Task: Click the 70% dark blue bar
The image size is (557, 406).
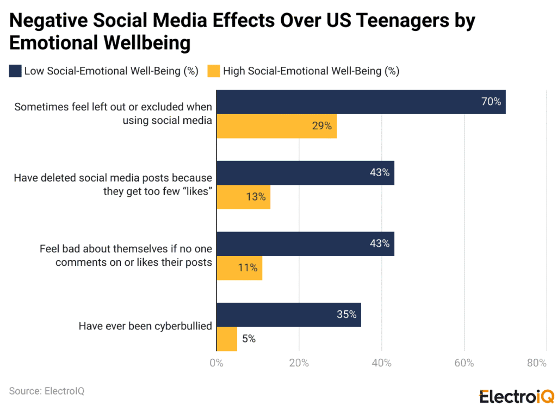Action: (361, 102)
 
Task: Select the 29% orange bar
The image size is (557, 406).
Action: (276, 126)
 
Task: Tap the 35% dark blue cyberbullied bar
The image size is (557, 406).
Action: (288, 315)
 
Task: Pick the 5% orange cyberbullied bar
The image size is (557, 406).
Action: (227, 339)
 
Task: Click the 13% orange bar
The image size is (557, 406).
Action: (243, 197)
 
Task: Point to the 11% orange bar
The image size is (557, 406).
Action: (239, 268)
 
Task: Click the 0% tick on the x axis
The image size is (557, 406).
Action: (216, 363)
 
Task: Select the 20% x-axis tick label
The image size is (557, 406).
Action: (299, 363)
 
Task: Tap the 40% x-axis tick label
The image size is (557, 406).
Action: (382, 363)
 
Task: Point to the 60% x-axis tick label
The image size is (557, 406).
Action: (465, 363)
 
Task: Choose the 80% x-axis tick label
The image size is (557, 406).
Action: (537, 363)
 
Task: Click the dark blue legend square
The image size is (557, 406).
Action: (15, 71)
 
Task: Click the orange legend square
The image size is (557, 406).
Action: (214, 71)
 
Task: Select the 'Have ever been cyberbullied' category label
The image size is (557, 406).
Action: (145, 326)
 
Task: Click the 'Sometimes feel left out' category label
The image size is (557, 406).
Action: (113, 114)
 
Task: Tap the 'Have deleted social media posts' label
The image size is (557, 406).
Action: (113, 184)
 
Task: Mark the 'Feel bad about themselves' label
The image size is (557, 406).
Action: (126, 255)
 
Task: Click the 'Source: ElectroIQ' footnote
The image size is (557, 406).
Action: (47, 391)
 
